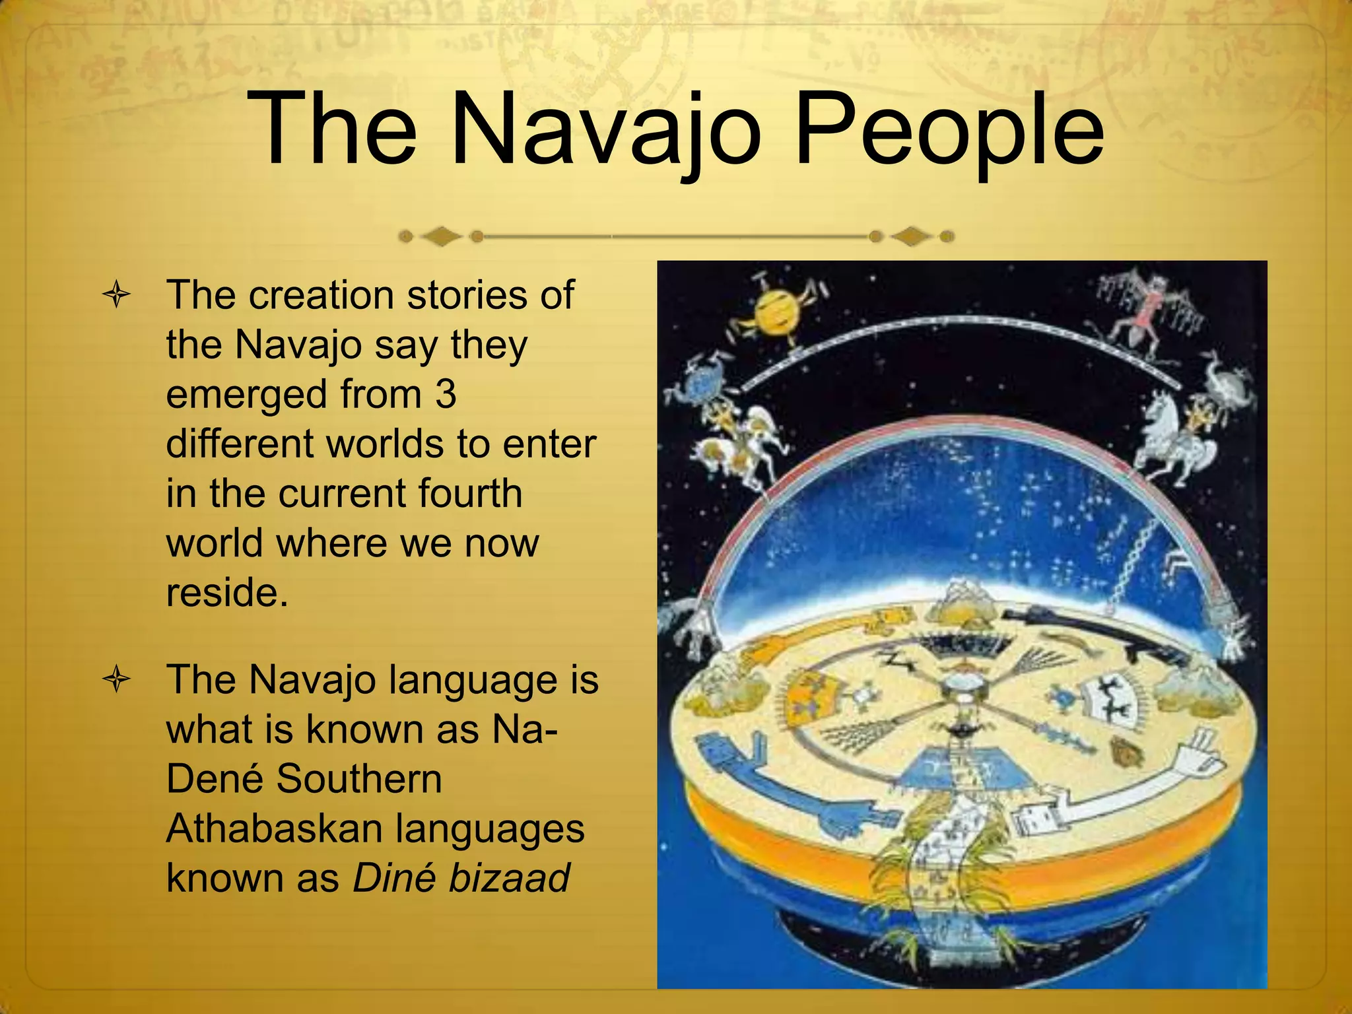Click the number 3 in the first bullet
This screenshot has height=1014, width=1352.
point(446,394)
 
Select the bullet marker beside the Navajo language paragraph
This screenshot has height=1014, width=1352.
point(117,680)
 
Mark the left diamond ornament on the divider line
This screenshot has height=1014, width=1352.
point(441,236)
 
